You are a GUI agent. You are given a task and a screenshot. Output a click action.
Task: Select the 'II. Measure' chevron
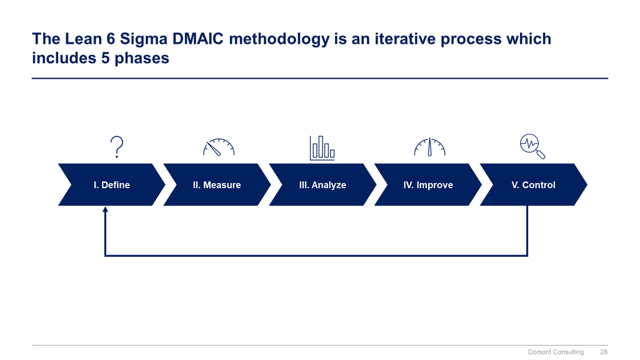[x=217, y=184]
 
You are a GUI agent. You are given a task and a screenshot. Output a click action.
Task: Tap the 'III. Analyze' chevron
[x=322, y=184]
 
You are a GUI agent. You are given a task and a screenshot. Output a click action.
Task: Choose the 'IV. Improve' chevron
[x=427, y=184]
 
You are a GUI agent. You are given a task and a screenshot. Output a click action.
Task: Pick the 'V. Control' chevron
[x=533, y=184]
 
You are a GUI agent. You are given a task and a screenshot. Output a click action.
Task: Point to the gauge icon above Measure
[x=219, y=147]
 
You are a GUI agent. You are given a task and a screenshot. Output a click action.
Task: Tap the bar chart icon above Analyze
[x=322, y=147]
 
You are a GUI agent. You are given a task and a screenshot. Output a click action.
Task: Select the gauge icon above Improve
[x=429, y=147]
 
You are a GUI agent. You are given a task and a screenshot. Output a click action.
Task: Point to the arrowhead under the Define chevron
[x=105, y=209]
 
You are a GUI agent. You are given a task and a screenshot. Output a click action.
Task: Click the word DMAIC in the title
[x=197, y=39]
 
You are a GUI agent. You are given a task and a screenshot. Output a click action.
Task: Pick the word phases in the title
[x=142, y=58]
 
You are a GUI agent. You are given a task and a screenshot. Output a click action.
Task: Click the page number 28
[x=603, y=352]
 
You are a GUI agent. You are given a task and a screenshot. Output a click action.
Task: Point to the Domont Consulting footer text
[x=556, y=352]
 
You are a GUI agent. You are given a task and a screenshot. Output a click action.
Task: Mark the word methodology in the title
[x=279, y=39]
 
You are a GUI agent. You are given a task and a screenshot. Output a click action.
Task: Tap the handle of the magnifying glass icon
[x=541, y=155]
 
